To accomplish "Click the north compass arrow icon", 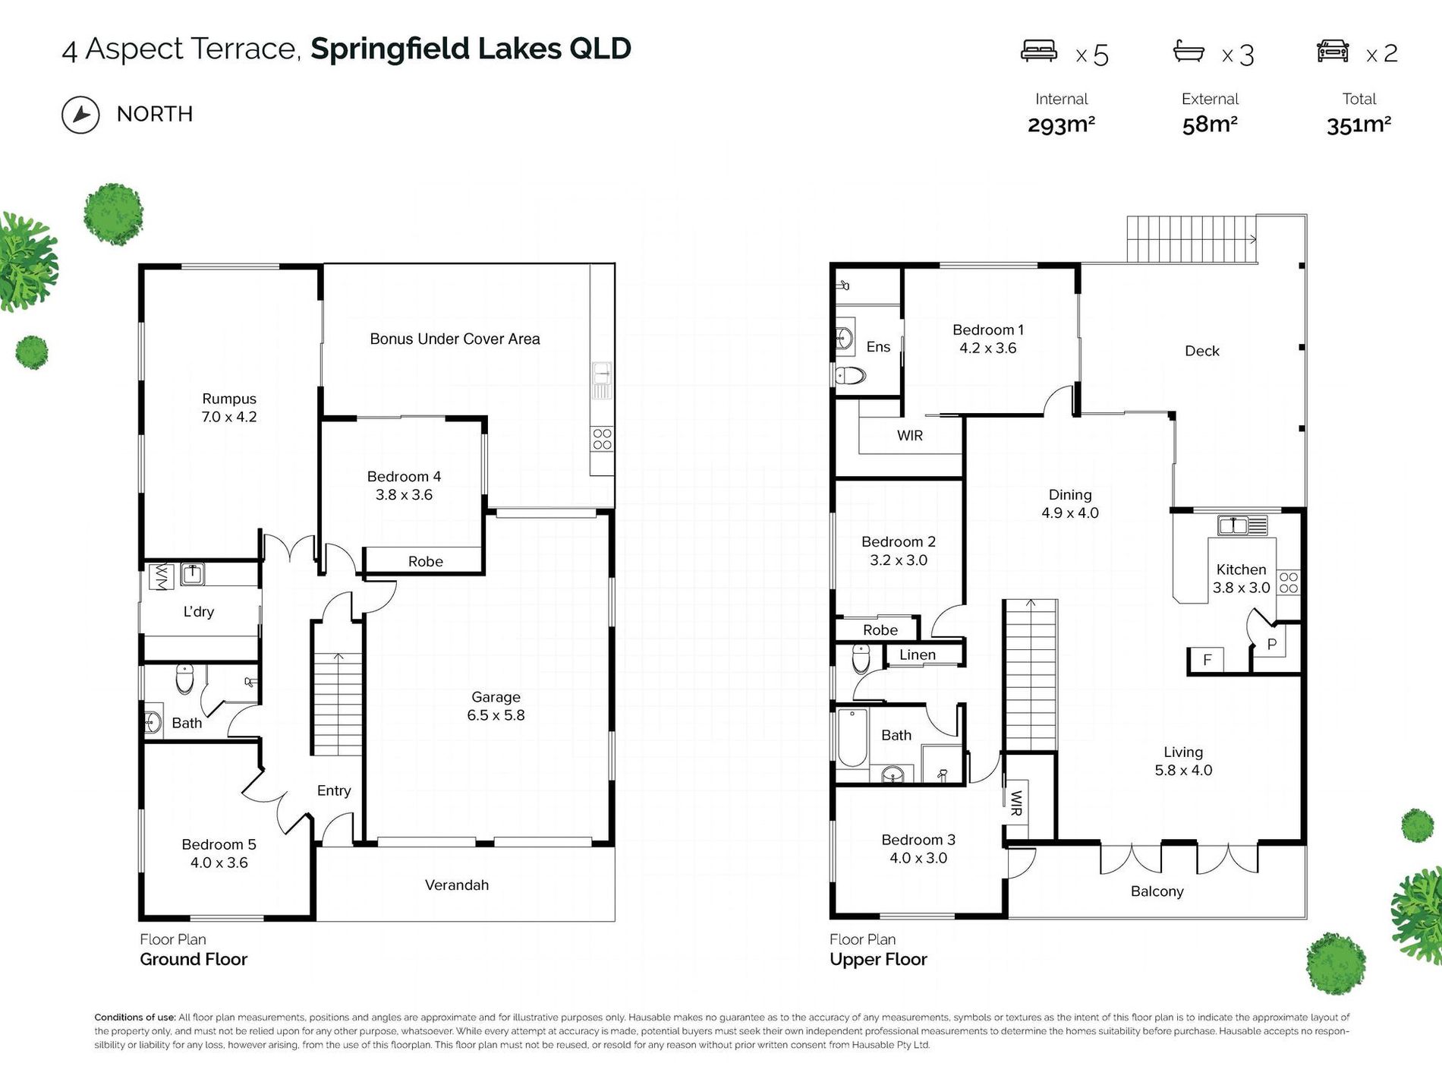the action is click(80, 115).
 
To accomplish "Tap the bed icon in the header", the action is click(1038, 51).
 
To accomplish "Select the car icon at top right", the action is click(1333, 51).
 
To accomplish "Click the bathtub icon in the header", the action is click(1189, 51).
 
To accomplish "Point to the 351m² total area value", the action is click(1359, 125).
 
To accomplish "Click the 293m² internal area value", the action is click(1061, 125).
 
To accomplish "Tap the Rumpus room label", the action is click(229, 399).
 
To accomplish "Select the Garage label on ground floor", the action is click(496, 697).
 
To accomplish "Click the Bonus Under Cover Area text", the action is click(455, 339).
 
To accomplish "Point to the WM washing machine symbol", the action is click(161, 576).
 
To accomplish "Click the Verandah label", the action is click(457, 885).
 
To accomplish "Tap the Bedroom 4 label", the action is click(404, 477).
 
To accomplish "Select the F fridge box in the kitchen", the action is click(1207, 660).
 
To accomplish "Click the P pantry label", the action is click(1272, 645).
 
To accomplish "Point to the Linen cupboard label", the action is click(918, 655).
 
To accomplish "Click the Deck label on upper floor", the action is click(1202, 351).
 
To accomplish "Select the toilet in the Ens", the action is click(851, 375).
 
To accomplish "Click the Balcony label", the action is click(1157, 891).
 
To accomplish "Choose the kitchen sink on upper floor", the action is click(1242, 525).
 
